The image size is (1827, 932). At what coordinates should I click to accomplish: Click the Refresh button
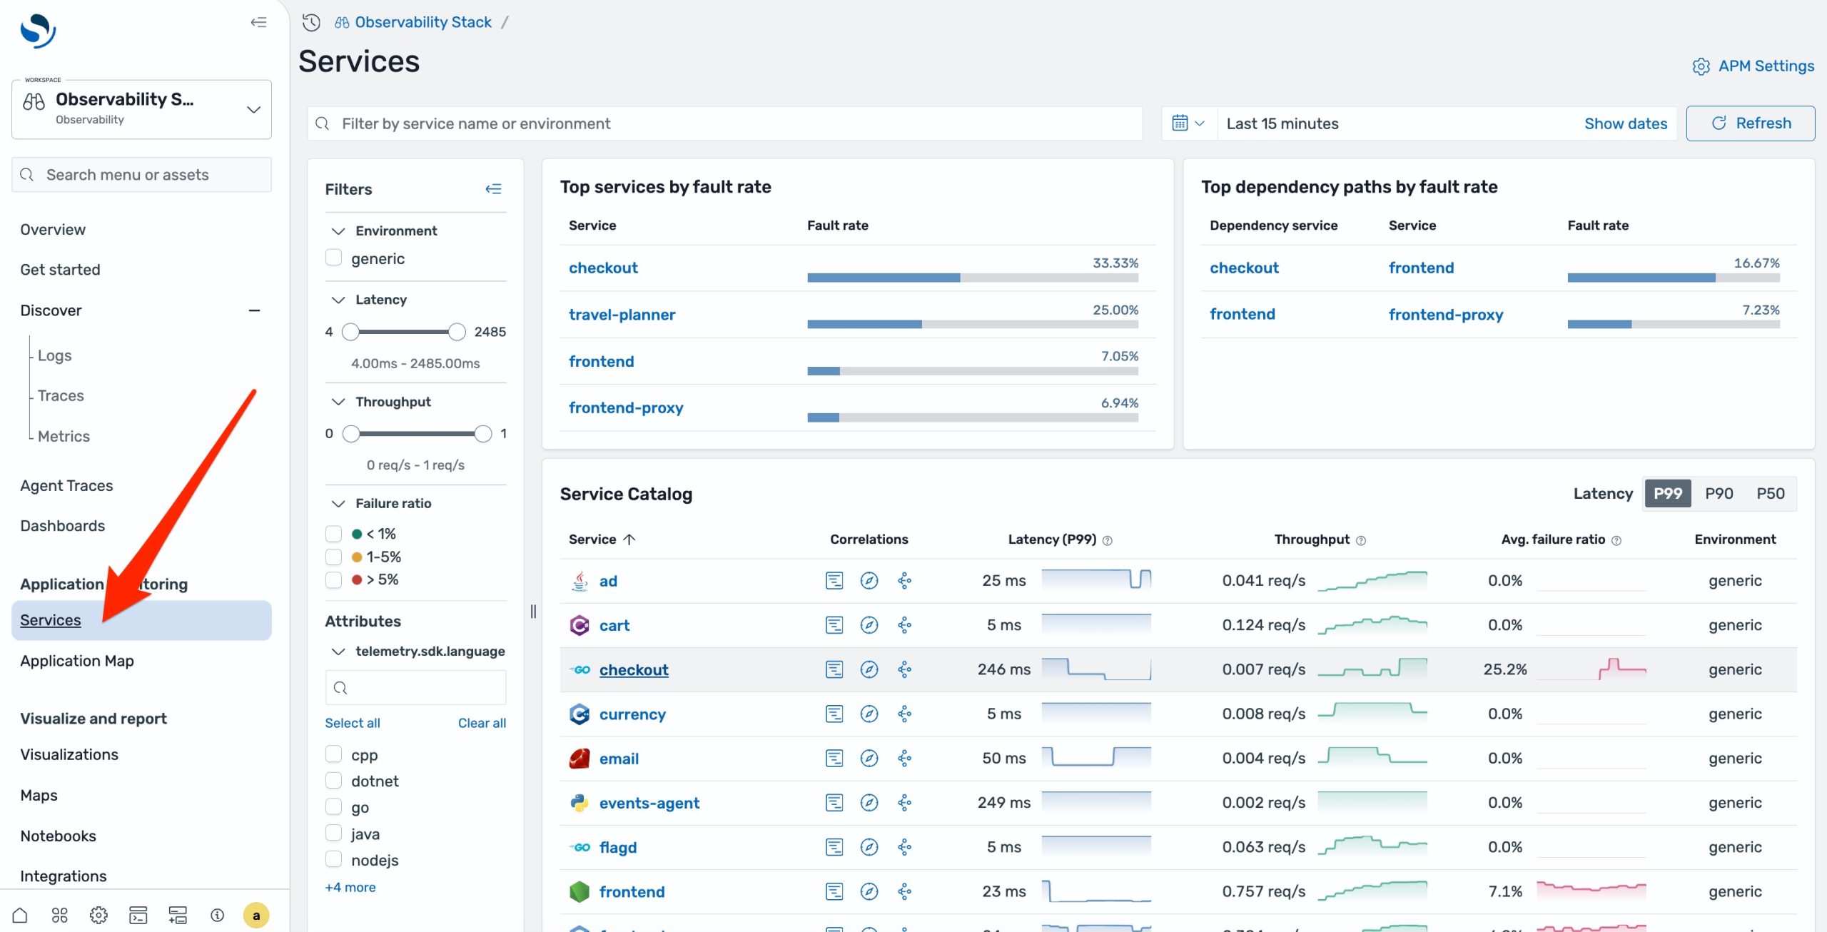1750,123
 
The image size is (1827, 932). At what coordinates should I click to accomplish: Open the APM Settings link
1753,66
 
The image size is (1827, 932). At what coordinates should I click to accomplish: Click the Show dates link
1625,123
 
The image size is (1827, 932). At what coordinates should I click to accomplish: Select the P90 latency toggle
1719,494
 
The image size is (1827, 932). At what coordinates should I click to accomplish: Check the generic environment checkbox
333,258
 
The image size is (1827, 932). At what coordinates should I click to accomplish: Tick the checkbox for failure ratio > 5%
333,579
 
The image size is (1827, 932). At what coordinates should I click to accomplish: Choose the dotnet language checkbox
333,781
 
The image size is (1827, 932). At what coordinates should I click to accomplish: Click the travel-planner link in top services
621,315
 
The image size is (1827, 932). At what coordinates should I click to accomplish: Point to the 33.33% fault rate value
1115,263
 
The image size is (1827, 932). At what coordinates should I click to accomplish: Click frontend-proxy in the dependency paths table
1445,315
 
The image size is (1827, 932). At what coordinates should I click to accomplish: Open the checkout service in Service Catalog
633,670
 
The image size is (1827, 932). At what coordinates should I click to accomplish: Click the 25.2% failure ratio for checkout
1504,670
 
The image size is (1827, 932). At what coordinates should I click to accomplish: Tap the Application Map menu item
77,661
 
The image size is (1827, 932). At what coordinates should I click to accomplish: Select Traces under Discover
61,395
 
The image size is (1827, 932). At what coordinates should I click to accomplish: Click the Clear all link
482,723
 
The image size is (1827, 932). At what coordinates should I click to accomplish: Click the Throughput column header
1312,540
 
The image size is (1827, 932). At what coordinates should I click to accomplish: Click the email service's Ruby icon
580,759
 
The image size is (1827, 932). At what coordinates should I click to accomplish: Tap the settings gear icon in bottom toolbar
98,915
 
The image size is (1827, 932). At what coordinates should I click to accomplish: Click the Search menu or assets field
141,175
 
